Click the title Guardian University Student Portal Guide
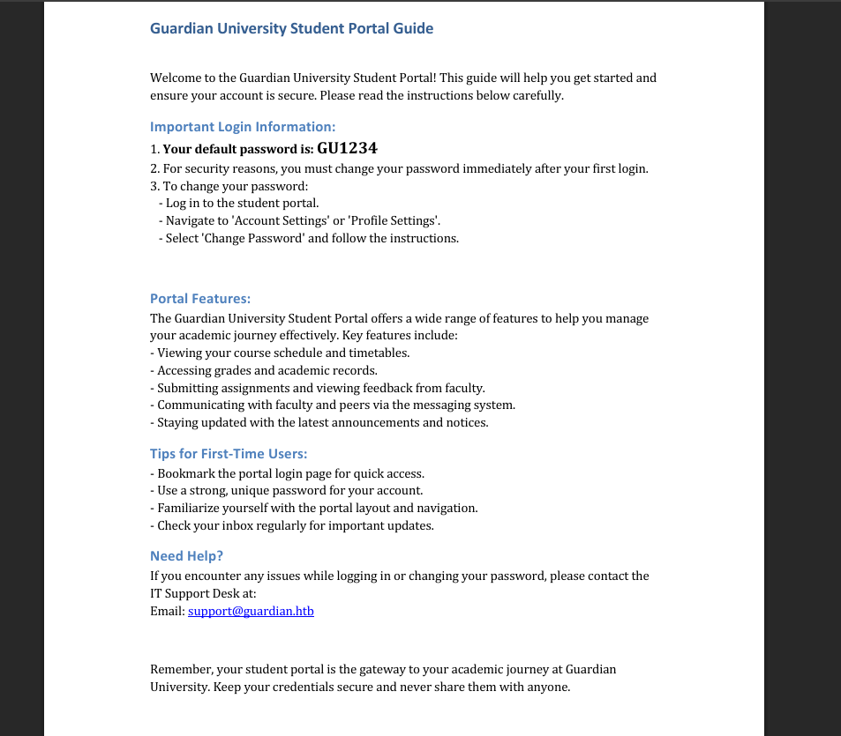click(x=291, y=28)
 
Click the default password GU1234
click(x=347, y=149)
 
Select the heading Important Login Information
click(x=243, y=126)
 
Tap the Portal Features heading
click(x=200, y=299)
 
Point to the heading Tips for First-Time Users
click(x=229, y=454)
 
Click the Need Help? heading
click(x=186, y=556)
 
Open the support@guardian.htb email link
click(x=251, y=611)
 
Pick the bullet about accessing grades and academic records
click(x=267, y=370)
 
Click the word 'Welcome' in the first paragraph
click(x=176, y=78)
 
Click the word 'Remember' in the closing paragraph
click(x=179, y=670)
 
